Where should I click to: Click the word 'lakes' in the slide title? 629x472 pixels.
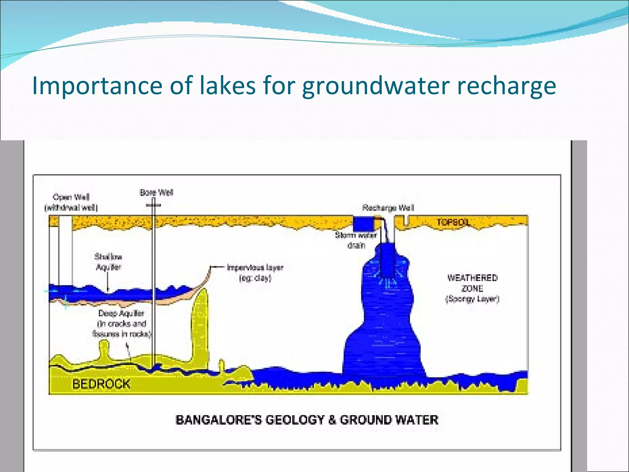(227, 85)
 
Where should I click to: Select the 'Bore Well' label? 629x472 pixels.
(156, 193)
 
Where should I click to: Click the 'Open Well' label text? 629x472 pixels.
(71, 197)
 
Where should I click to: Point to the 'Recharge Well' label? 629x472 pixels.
(388, 208)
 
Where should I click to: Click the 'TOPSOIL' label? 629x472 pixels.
(453, 222)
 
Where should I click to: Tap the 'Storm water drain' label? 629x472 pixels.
(356, 240)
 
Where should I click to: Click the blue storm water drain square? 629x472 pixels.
(363, 224)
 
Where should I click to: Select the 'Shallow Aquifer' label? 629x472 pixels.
(108, 262)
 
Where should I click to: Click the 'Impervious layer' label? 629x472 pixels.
(255, 272)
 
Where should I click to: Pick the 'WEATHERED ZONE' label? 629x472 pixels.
(472, 283)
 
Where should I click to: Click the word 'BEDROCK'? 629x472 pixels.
(101, 384)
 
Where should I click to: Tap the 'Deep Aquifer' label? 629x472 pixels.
(121, 313)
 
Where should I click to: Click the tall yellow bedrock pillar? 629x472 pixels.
(200, 326)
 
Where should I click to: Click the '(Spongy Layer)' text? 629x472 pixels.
(472, 299)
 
